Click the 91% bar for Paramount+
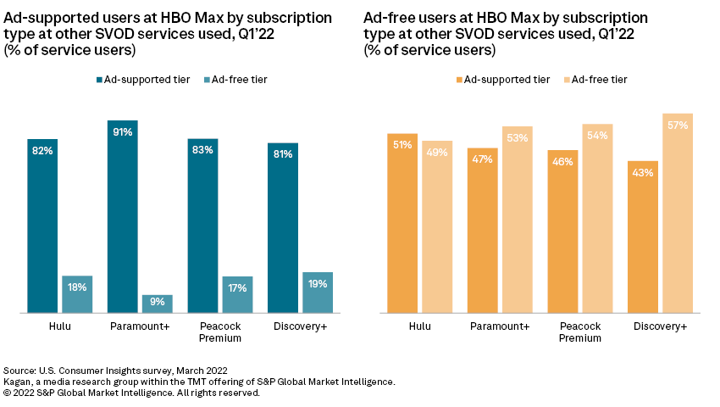pyautogui.click(x=123, y=216)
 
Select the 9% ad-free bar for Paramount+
pyautogui.click(x=157, y=304)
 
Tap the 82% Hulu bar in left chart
pyautogui.click(x=42, y=226)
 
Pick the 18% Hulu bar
pyautogui.click(x=77, y=294)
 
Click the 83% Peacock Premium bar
pyautogui.click(x=203, y=226)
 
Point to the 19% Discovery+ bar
pyautogui.click(x=318, y=293)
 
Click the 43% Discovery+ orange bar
pyautogui.click(x=643, y=237)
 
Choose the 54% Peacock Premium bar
pyautogui.click(x=597, y=219)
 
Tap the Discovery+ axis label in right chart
pyautogui.click(x=661, y=326)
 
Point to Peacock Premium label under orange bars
pyautogui.click(x=580, y=332)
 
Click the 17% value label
pyautogui.click(x=237, y=287)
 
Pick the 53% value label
pyautogui.click(x=517, y=138)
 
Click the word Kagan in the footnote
pyautogui.click(x=19, y=382)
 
